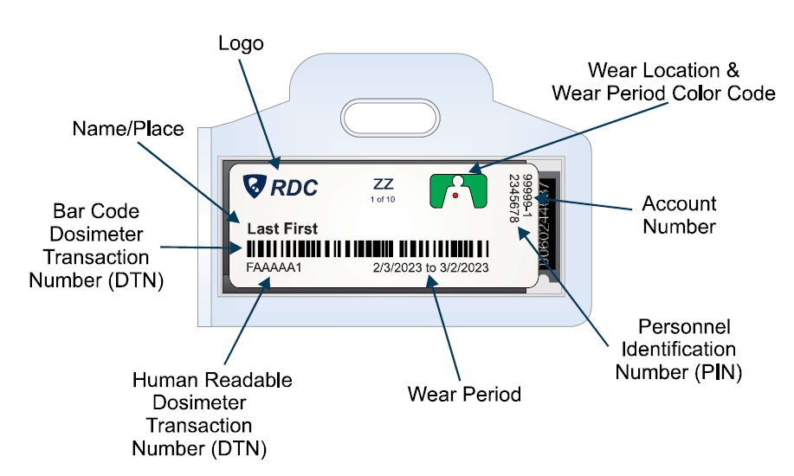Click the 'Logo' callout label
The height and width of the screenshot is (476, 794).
(x=240, y=43)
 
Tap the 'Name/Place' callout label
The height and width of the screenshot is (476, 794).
(x=127, y=130)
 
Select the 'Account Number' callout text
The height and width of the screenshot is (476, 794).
(x=679, y=215)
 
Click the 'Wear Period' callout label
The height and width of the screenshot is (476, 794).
(x=464, y=396)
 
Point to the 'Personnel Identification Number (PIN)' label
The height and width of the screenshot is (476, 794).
(x=675, y=349)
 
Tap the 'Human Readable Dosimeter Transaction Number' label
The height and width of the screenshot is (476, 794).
(x=199, y=414)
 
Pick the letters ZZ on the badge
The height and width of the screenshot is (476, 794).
(x=383, y=184)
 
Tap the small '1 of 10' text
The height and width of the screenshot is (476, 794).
(x=382, y=200)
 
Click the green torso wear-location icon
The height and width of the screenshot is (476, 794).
(x=459, y=190)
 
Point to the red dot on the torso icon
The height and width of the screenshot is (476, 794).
(x=455, y=196)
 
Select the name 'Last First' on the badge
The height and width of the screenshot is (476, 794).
(x=282, y=229)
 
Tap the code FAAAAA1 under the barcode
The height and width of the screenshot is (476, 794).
(x=274, y=267)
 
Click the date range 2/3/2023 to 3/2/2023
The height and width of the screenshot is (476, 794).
(x=430, y=267)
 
